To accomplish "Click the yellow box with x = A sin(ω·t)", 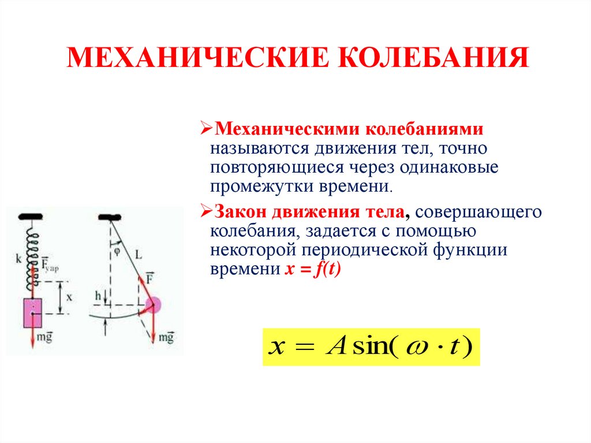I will [371, 347].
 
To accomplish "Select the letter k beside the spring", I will [19, 259].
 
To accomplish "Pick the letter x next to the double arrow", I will [69, 297].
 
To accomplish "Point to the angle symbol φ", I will [117, 251].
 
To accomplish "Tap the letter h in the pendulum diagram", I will [98, 296].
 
